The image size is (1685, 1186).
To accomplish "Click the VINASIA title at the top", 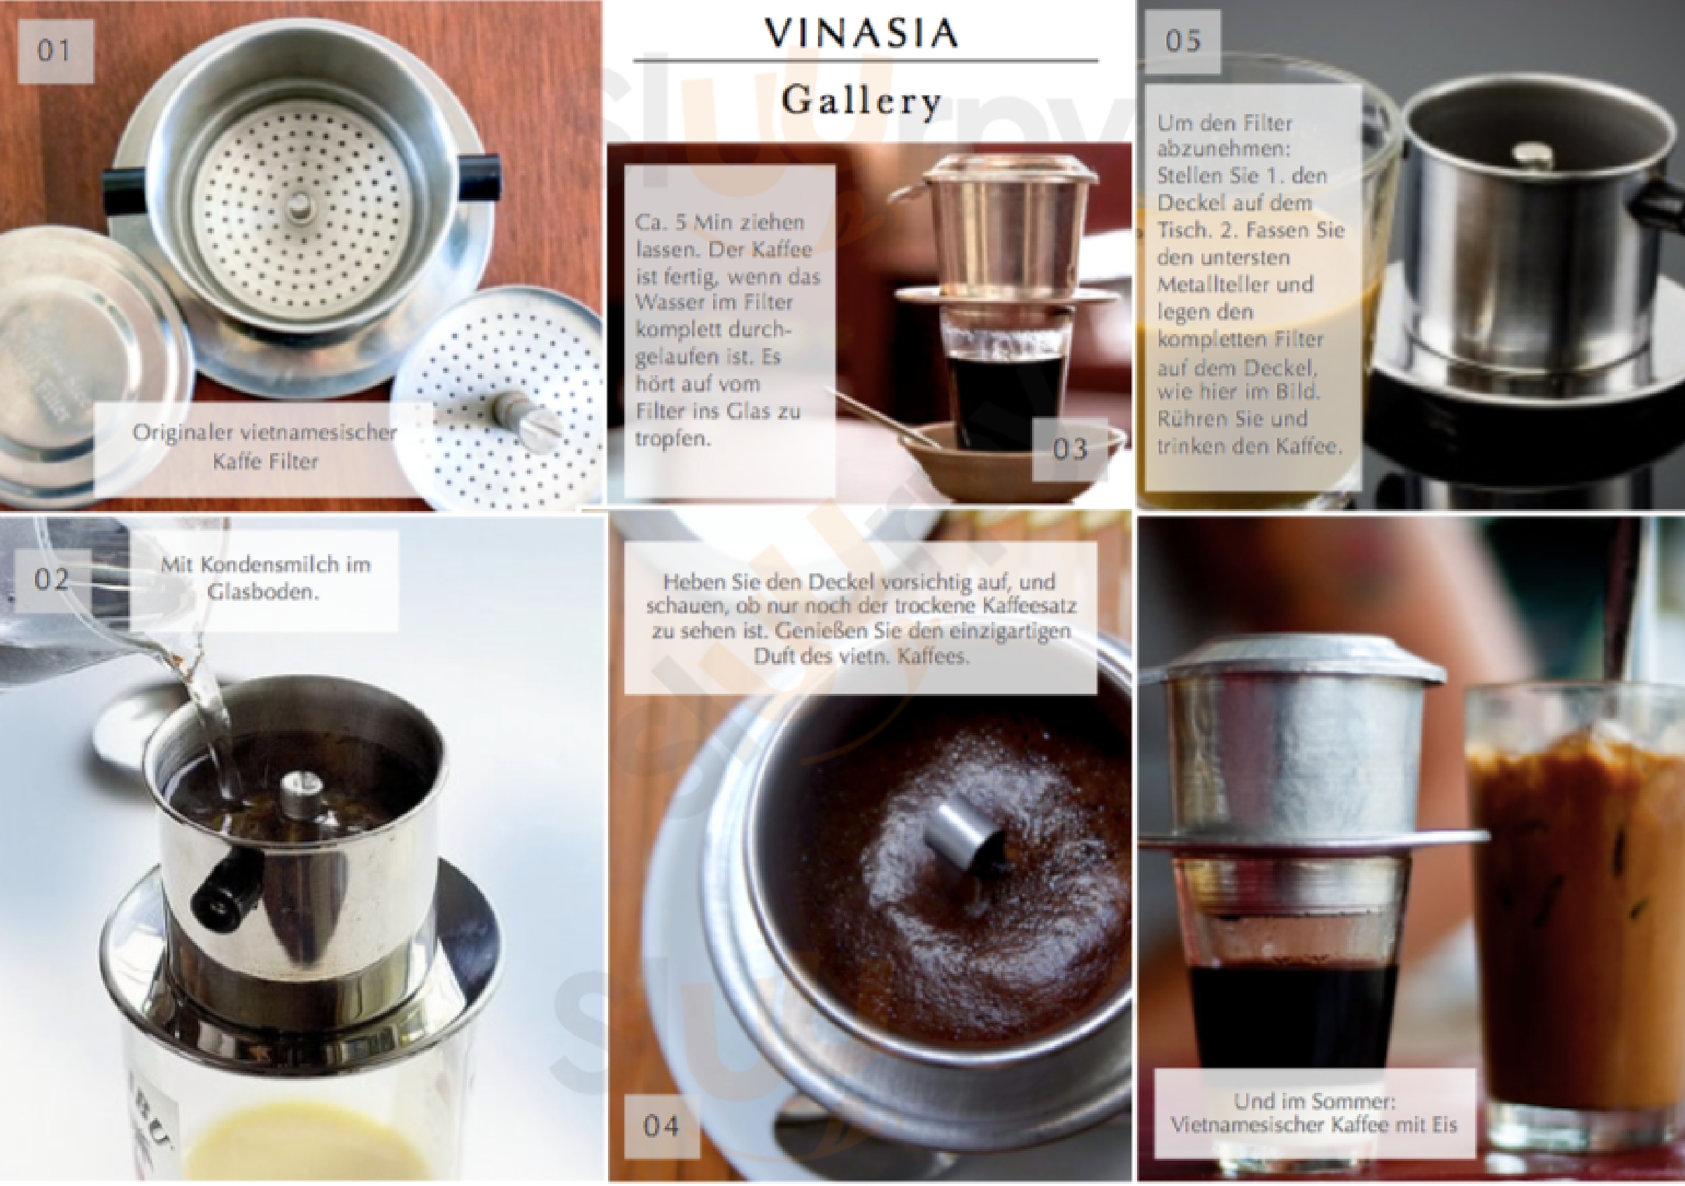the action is [x=861, y=33].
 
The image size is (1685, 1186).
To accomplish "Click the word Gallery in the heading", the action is [x=861, y=101].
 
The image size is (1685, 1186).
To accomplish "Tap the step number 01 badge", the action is [x=55, y=50].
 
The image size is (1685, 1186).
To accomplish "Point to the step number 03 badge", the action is [x=1070, y=449].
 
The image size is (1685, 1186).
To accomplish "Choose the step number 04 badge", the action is [x=661, y=1126].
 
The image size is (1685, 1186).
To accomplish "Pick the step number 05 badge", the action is [x=1183, y=41].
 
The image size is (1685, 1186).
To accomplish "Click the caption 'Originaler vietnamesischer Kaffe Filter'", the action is [x=265, y=447].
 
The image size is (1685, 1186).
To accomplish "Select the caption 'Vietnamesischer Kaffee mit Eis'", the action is [x=1313, y=1124].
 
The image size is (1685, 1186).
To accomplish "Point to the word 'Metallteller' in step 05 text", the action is [x=1235, y=284].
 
